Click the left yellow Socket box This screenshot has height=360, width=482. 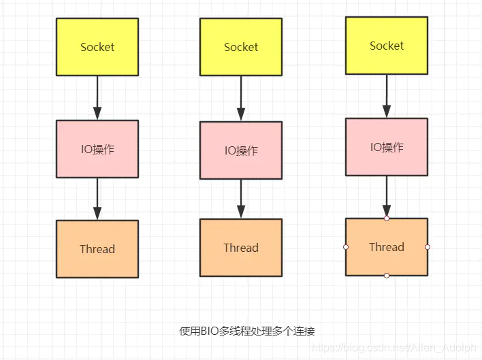tap(97, 47)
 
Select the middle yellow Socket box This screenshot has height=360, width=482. tap(241, 47)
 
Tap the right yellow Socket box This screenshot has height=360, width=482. tap(387, 46)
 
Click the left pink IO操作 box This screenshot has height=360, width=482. tap(97, 149)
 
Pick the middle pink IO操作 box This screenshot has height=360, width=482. tap(241, 150)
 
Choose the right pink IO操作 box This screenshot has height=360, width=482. tap(387, 147)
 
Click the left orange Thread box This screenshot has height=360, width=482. tap(97, 249)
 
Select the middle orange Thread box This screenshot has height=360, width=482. tap(241, 248)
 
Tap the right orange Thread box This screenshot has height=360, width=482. tap(387, 247)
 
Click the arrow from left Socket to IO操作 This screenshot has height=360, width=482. tap(97, 98)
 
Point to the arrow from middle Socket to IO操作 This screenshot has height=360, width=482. tap(241, 99)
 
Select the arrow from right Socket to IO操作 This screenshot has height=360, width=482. tap(387, 96)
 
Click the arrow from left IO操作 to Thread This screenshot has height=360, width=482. tap(97, 199)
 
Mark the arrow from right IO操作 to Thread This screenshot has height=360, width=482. tap(387, 197)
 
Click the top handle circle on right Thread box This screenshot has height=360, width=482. tap(387, 218)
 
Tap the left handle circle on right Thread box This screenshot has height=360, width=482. tap(346, 247)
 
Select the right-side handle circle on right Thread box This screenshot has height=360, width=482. tap(428, 247)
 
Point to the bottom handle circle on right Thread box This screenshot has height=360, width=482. tap(387, 276)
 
